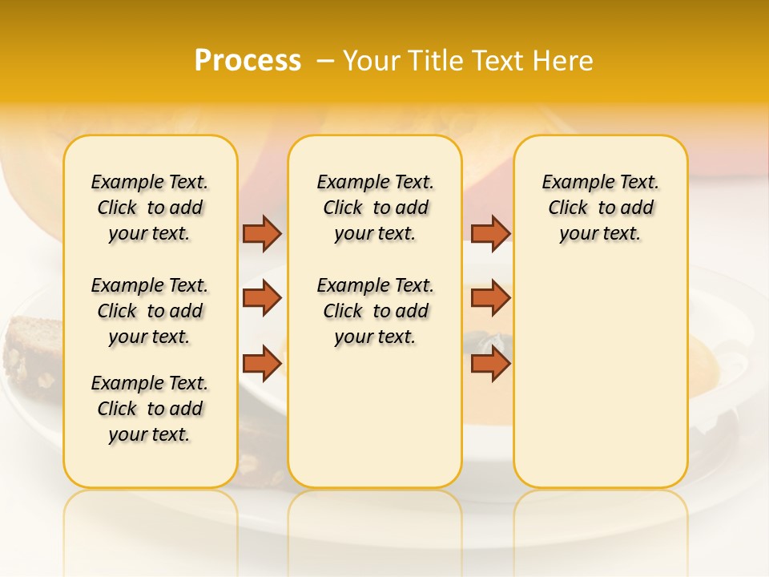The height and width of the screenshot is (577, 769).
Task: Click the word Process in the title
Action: click(248, 61)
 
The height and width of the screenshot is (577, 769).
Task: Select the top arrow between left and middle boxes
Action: click(262, 233)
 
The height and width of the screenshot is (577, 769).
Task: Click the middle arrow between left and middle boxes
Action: click(262, 298)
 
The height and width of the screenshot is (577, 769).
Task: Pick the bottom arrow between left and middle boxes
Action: click(262, 364)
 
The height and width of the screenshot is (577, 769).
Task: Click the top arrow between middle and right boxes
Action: click(490, 233)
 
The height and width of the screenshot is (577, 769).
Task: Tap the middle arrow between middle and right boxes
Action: click(490, 298)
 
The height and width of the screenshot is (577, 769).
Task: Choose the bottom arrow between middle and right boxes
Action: click(490, 364)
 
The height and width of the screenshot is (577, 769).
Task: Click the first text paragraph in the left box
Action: click(150, 208)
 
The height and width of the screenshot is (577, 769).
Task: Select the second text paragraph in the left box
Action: click(150, 311)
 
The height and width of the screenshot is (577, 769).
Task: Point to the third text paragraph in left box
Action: click(150, 409)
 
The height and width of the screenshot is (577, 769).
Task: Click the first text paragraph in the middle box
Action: click(376, 208)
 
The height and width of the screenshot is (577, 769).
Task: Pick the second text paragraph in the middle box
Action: click(376, 311)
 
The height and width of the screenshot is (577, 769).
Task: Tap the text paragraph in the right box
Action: click(601, 208)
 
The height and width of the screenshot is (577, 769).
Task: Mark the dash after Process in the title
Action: click(324, 61)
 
